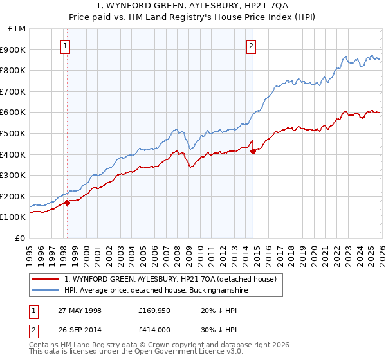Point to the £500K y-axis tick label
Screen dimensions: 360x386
click(14, 134)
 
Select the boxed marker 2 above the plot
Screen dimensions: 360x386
click(251, 46)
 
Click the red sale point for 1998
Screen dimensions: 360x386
click(68, 203)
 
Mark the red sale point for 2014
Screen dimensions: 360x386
click(253, 151)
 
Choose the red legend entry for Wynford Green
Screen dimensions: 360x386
click(170, 279)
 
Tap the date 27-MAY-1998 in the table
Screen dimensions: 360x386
click(79, 309)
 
